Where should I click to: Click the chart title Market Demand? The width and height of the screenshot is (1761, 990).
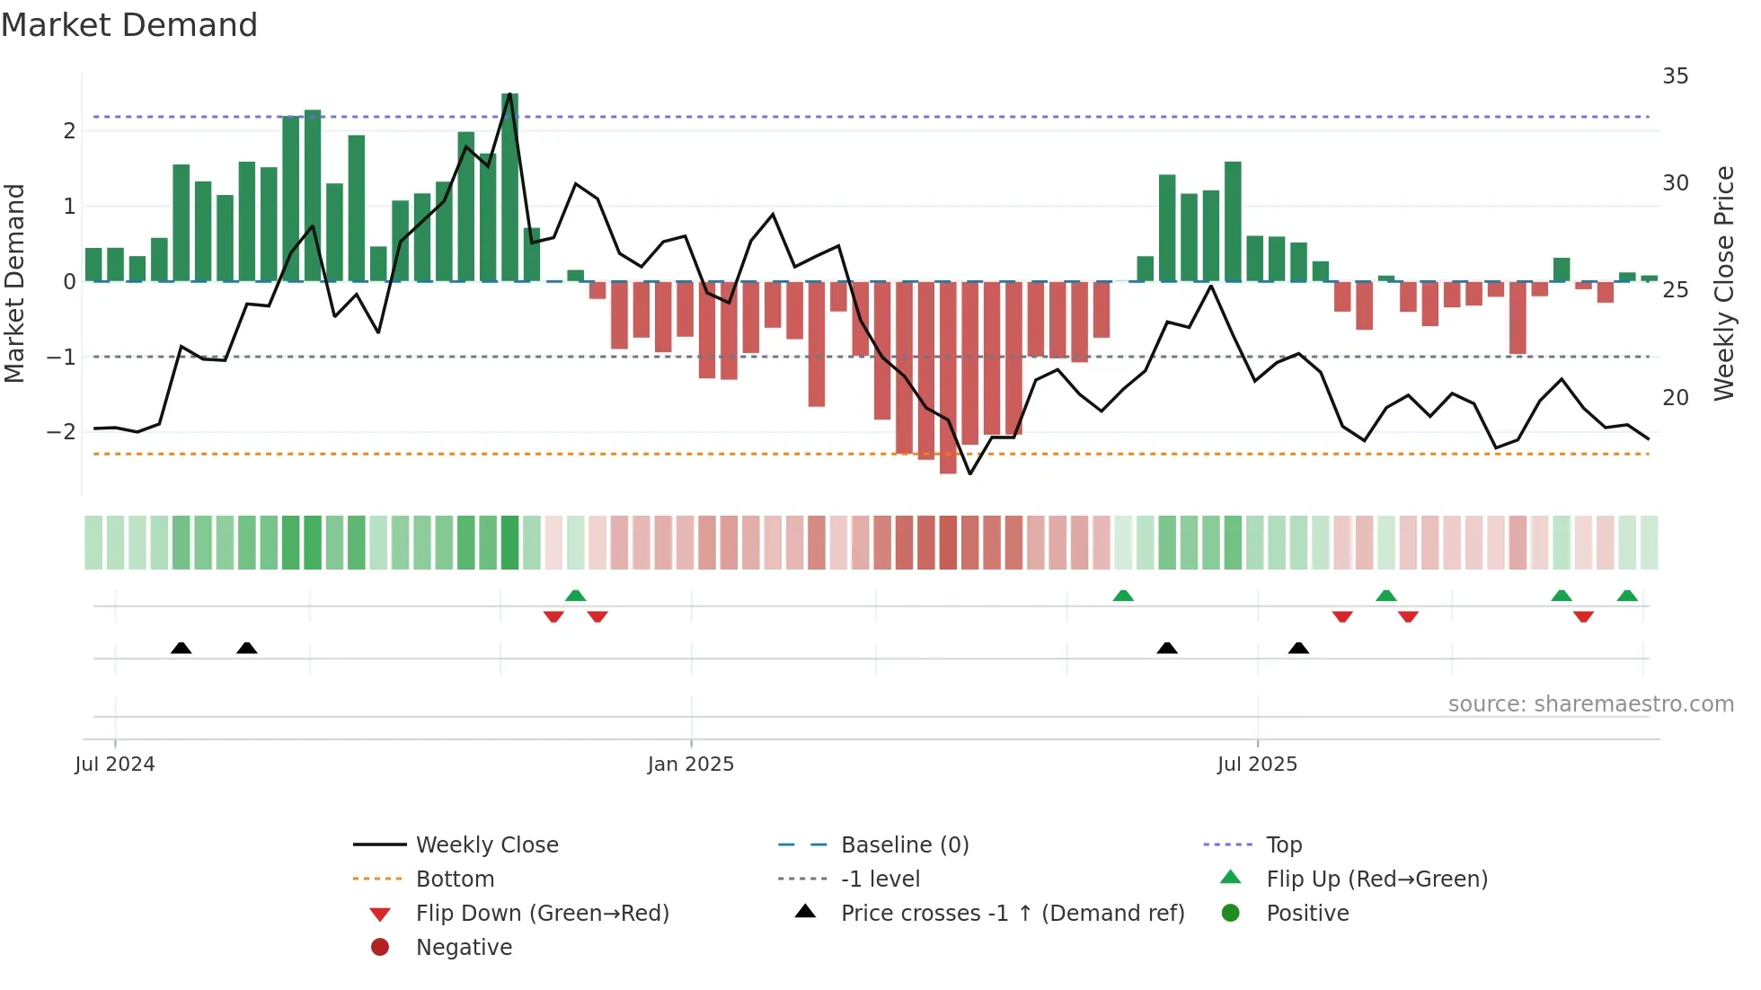coord(129,25)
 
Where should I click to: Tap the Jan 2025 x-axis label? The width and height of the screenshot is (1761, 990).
coord(690,765)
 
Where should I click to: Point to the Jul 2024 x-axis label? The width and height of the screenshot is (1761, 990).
coord(115,765)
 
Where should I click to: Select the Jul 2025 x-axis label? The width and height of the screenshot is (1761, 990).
coord(1257,765)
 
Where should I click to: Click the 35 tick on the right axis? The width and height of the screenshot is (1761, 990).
coord(1675,76)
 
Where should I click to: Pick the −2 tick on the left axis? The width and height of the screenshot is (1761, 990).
coord(61,432)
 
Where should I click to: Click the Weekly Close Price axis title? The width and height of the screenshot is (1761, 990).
coord(1723,283)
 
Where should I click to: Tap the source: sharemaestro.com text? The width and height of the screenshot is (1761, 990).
coord(1590,704)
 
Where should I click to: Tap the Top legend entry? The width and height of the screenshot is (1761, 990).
coord(1283,845)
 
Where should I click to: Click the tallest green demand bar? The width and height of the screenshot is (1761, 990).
coord(509,189)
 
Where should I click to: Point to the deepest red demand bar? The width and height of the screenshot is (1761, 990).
coord(948,377)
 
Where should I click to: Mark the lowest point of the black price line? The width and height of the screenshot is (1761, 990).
coord(970,473)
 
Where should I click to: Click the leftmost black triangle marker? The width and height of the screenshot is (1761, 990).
coord(181,649)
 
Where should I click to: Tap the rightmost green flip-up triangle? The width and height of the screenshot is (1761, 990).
coord(1627,596)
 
